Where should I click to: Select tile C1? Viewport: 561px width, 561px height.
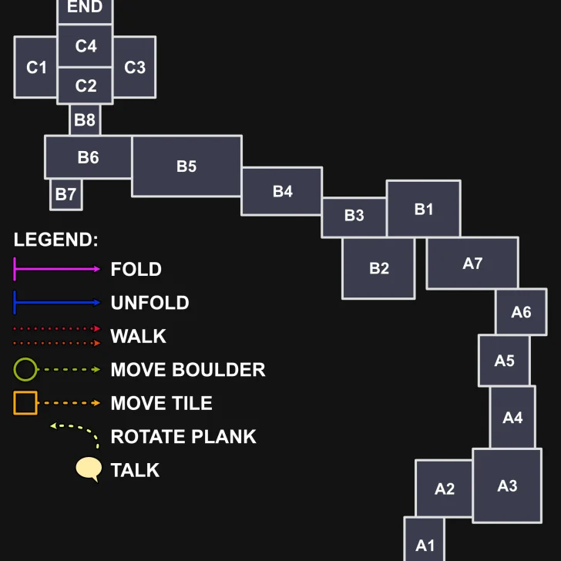[x=36, y=67]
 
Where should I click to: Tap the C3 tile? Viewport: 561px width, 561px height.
[x=135, y=67]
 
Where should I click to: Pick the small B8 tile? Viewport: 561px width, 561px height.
[x=85, y=120]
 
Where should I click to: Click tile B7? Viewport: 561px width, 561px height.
[x=66, y=194]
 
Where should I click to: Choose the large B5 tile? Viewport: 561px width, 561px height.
[x=186, y=166]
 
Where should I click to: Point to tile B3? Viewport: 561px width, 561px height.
[x=354, y=217]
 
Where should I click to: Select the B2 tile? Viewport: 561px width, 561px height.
[x=378, y=268]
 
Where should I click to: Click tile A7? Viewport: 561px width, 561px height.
[x=472, y=263]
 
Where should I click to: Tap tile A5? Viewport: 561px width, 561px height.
[x=504, y=360]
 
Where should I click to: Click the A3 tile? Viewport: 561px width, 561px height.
[x=507, y=485]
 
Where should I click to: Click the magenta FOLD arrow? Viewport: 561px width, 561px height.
[x=57, y=269]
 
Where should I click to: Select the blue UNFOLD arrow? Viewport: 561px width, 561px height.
[x=57, y=302]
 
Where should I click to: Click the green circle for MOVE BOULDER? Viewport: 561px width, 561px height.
[x=25, y=370]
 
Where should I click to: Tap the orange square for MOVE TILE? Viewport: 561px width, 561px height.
[x=25, y=403]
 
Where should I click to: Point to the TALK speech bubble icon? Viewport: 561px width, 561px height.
[x=89, y=469]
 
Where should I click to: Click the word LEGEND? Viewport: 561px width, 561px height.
[x=55, y=239]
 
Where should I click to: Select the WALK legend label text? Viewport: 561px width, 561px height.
[x=138, y=336]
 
